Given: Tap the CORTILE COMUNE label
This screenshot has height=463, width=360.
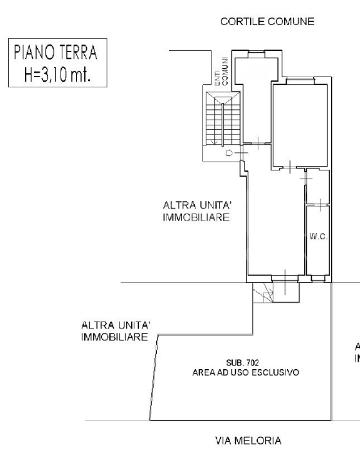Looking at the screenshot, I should [x=267, y=21].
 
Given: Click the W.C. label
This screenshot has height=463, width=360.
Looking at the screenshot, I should [x=318, y=237].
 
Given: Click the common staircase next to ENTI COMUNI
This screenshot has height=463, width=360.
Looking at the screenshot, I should [x=220, y=119].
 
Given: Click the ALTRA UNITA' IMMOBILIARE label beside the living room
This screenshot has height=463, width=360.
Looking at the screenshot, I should [x=197, y=212].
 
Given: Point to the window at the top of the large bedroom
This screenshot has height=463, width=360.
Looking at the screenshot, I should [x=300, y=80].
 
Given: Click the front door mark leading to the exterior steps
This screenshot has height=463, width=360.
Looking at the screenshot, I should [x=284, y=280].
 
